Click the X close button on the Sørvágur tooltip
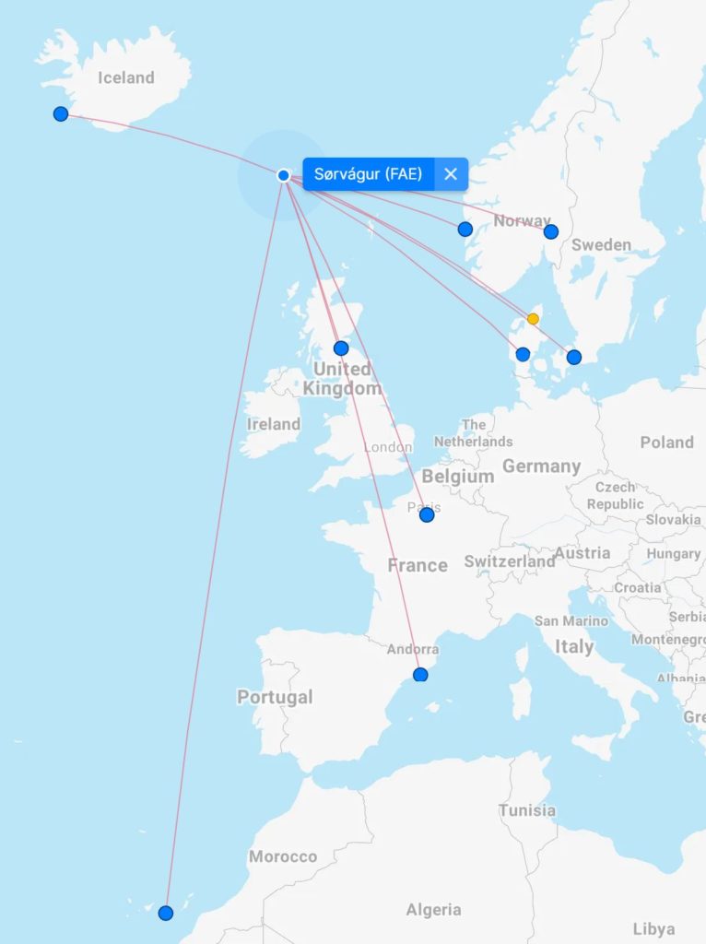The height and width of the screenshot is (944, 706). pyautogui.click(x=451, y=173)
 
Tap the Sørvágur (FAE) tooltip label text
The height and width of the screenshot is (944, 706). pyautogui.click(x=368, y=173)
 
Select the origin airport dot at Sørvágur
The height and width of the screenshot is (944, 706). pyautogui.click(x=284, y=175)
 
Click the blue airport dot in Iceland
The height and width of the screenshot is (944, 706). pyautogui.click(x=61, y=113)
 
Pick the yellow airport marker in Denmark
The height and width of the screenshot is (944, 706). pyautogui.click(x=533, y=319)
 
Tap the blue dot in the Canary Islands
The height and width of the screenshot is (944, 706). pyautogui.click(x=166, y=913)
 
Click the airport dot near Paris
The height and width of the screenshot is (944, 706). pyautogui.click(x=427, y=514)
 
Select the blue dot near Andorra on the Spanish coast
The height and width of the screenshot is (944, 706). pyautogui.click(x=421, y=675)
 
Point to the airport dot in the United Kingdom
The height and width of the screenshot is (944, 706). pyautogui.click(x=341, y=348)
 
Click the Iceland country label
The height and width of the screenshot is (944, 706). pyautogui.click(x=126, y=77)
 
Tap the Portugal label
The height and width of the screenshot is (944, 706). pyautogui.click(x=275, y=697)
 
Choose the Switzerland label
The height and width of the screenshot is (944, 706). pyautogui.click(x=510, y=561)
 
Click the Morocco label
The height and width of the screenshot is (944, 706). pyautogui.click(x=283, y=856)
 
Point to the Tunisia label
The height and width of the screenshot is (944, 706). pyautogui.click(x=527, y=810)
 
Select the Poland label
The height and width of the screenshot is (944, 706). pyautogui.click(x=666, y=442)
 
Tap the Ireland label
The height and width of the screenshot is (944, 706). pyautogui.click(x=274, y=424)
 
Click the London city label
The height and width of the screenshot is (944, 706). pyautogui.click(x=388, y=447)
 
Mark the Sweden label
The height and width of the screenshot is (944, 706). pyautogui.click(x=601, y=245)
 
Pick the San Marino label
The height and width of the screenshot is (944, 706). pyautogui.click(x=571, y=620)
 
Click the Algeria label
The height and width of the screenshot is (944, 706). pyautogui.click(x=433, y=910)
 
